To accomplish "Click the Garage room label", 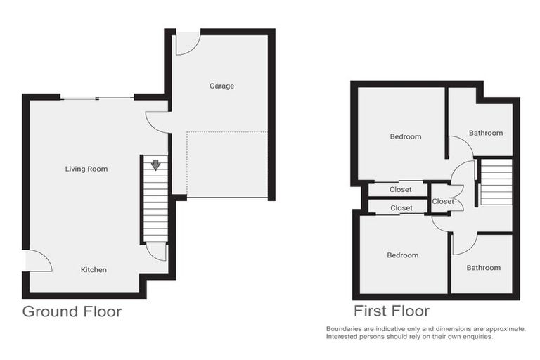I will (221, 86).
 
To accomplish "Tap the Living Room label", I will (86, 169).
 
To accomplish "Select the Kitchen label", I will (94, 269).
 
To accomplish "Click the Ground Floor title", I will (72, 311).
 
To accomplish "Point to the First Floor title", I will (391, 311).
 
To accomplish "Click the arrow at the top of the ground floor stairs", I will (155, 165).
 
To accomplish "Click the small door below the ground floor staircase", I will (157, 250).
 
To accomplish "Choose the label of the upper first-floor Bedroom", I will (406, 136).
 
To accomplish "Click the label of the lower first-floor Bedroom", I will (402, 255).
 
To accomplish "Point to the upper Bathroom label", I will (486, 133).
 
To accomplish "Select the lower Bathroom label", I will (483, 267).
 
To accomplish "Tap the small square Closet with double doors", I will (444, 201).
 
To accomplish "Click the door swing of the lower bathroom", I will (464, 243).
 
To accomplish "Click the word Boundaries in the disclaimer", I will (345, 329).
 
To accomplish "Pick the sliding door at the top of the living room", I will (96, 98).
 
